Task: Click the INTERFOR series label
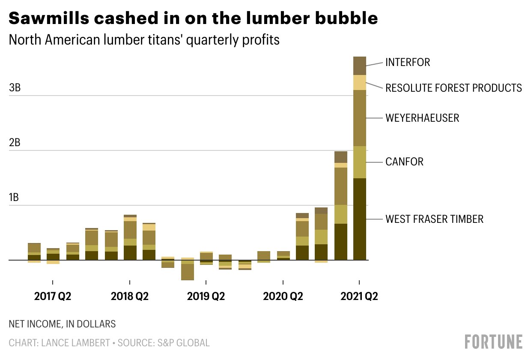pos(407,63)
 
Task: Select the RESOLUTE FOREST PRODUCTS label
pos(453,88)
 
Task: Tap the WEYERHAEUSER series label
pos(422,118)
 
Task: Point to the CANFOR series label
pos(404,162)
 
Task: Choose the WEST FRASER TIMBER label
pos(434,219)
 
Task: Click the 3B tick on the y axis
pos(15,88)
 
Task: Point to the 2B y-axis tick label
pos(15,143)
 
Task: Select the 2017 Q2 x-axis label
pos(53,297)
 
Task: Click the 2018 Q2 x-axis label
pos(129,297)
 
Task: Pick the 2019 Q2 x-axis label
pos(206,297)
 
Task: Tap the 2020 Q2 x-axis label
pos(283,297)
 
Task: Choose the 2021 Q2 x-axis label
pos(359,297)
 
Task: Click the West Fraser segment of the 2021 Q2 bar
pos(359,219)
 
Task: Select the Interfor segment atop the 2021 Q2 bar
pos(359,66)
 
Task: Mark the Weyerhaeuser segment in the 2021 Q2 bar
pos(359,118)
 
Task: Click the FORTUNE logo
pos(493,342)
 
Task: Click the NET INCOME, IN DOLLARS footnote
pos(62,324)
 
